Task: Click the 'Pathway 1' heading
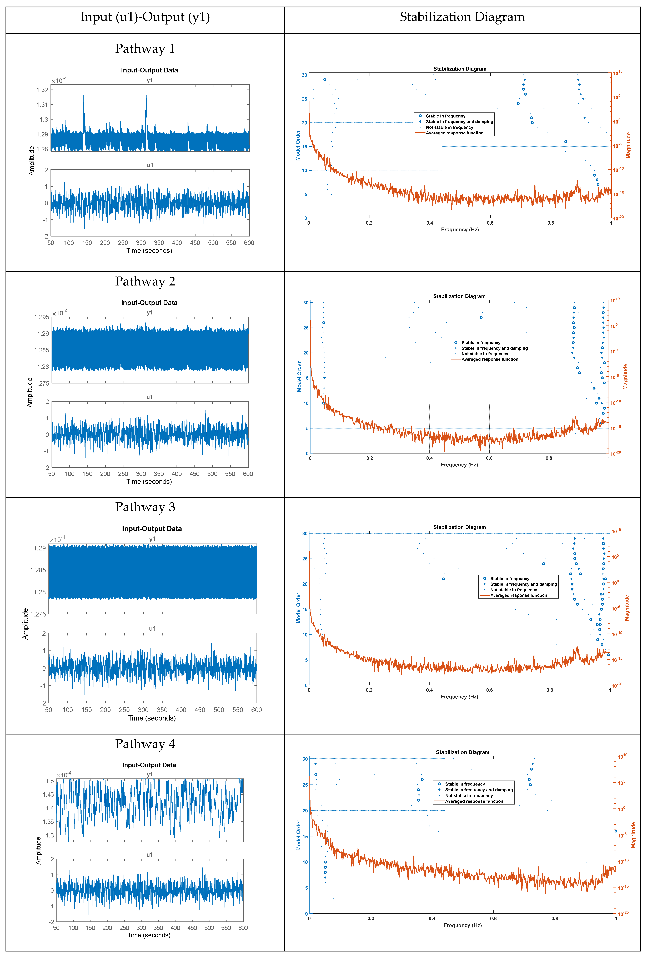click(145, 49)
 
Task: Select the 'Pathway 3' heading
click(145, 507)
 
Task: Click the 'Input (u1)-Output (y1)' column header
click(145, 17)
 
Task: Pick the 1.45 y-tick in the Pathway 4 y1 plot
click(48, 794)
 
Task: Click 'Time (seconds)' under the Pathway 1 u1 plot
click(149, 251)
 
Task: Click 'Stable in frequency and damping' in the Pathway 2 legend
click(494, 348)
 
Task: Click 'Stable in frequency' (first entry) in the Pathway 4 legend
click(465, 784)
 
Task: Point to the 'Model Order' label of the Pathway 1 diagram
click(298, 145)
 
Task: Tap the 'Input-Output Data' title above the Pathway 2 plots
click(149, 303)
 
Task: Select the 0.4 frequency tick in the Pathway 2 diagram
click(429, 458)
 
